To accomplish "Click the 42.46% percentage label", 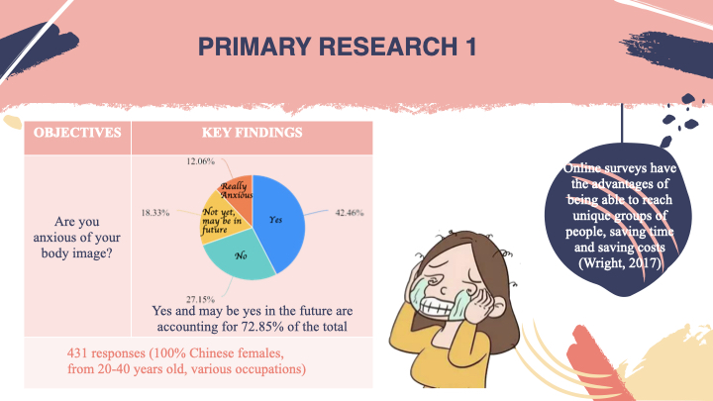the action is click(x=350, y=212).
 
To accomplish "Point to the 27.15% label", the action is click(x=200, y=299).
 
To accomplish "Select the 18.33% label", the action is click(x=155, y=212).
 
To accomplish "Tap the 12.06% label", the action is click(x=200, y=161).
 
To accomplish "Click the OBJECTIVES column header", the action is click(x=77, y=133).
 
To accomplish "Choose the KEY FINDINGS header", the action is click(x=252, y=133).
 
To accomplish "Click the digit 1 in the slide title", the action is click(x=470, y=47).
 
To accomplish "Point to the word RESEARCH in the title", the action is click(x=388, y=47).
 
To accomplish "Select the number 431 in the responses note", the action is click(x=76, y=352).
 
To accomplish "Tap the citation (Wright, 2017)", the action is click(x=620, y=262).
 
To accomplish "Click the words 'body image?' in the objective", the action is click(x=77, y=252).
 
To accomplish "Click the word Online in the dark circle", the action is click(x=582, y=167).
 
